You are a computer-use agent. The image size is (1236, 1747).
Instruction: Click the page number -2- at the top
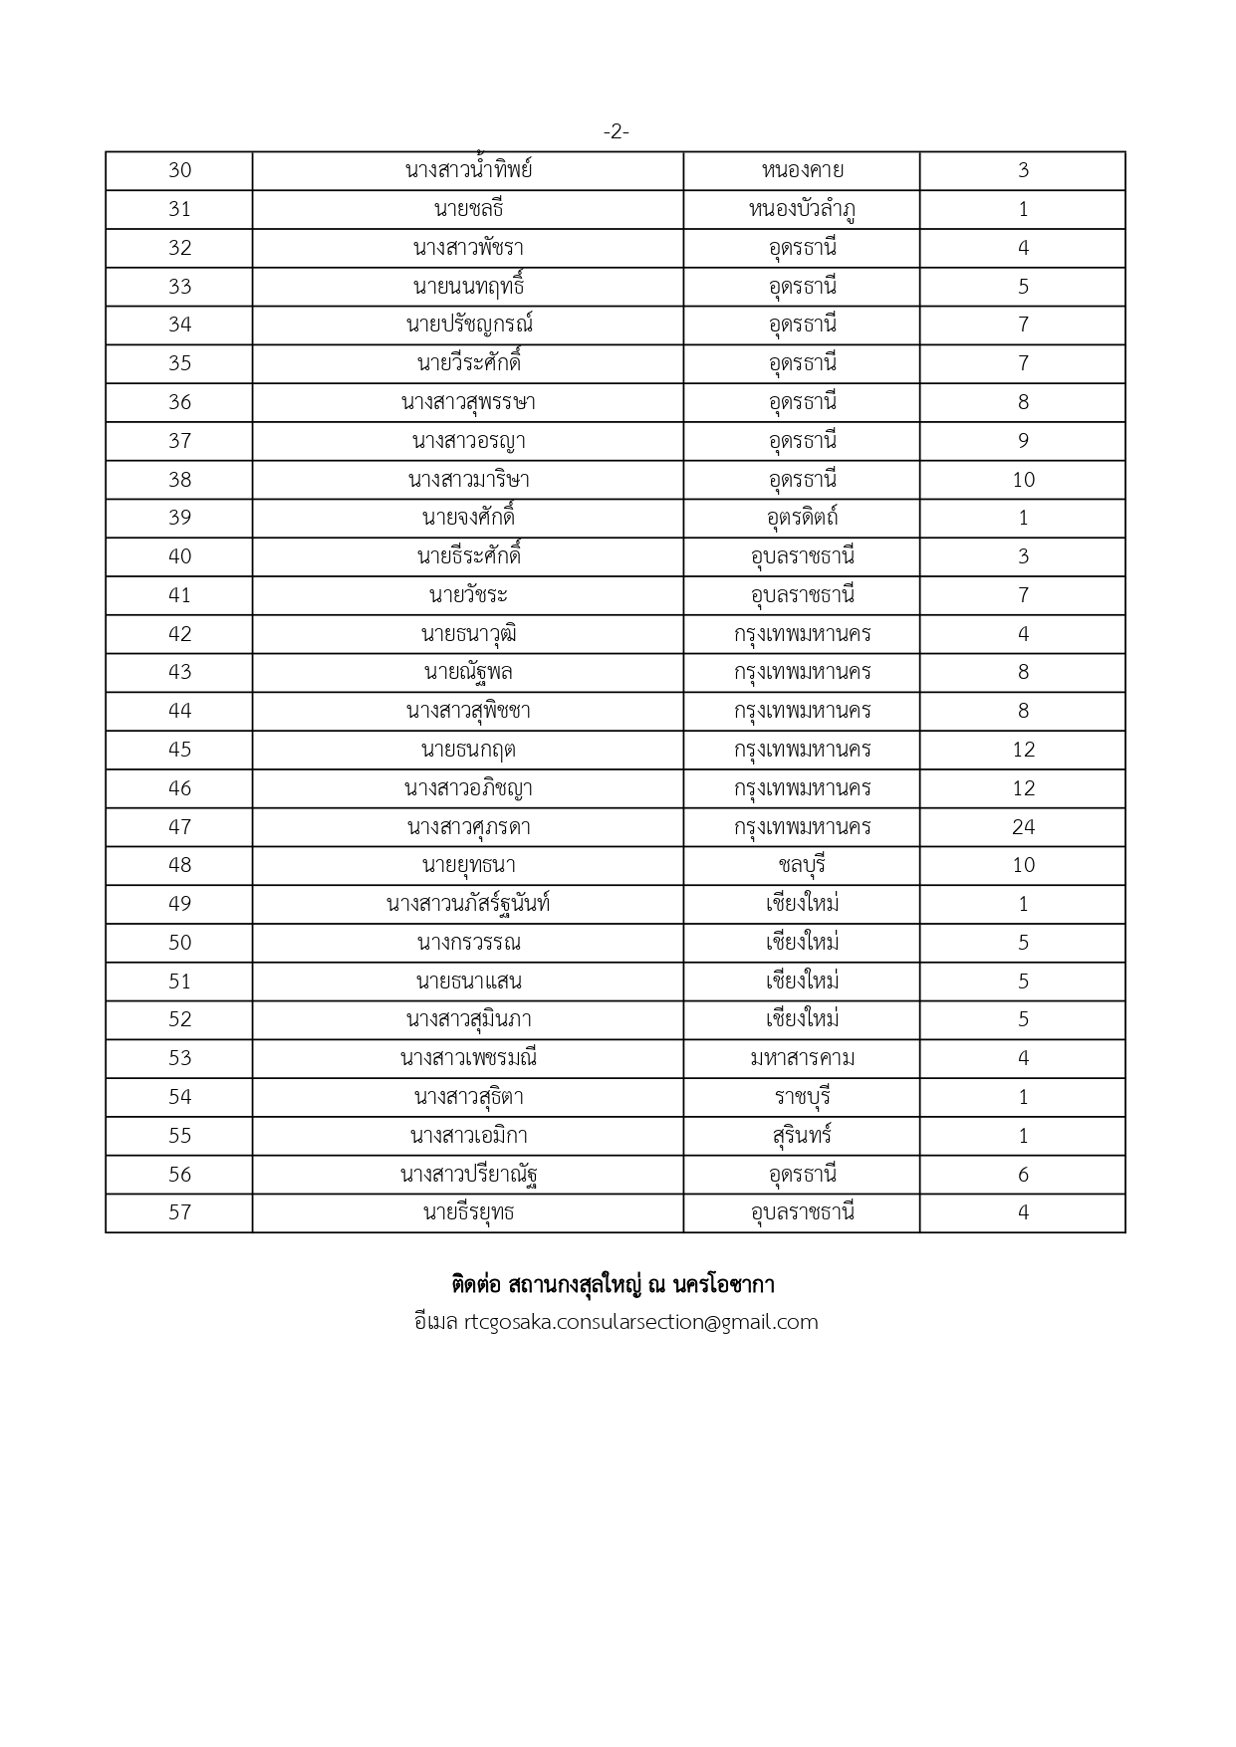(x=616, y=131)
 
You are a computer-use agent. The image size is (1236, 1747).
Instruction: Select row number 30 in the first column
(x=179, y=170)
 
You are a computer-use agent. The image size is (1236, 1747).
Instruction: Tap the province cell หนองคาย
(x=802, y=170)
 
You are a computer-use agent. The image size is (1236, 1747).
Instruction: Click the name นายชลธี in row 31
(x=468, y=209)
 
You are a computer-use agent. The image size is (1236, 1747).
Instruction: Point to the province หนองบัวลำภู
(x=802, y=209)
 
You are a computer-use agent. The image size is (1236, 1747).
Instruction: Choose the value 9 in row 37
(x=1023, y=441)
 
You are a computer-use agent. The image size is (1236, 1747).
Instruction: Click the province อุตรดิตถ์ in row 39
(x=802, y=518)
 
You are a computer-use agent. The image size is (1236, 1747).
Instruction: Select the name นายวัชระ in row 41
(x=468, y=595)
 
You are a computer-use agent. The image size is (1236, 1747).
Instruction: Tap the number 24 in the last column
(x=1023, y=827)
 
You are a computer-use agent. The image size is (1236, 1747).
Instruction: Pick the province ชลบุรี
(x=802, y=865)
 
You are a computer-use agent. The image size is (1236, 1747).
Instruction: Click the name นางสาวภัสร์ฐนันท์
(x=468, y=904)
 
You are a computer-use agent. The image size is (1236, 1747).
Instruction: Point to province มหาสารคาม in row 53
(x=802, y=1058)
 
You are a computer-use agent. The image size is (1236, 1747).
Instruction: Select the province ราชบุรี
(x=802, y=1097)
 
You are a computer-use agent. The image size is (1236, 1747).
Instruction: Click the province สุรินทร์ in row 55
(x=802, y=1136)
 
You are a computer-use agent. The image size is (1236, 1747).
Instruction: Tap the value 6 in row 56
(x=1023, y=1175)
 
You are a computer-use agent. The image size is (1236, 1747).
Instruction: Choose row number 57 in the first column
(x=179, y=1212)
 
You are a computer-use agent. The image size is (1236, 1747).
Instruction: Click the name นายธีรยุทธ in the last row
(x=468, y=1212)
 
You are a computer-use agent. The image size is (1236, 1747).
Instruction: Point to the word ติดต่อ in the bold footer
(x=475, y=1285)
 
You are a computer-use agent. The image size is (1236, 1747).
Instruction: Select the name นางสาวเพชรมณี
(x=468, y=1058)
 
